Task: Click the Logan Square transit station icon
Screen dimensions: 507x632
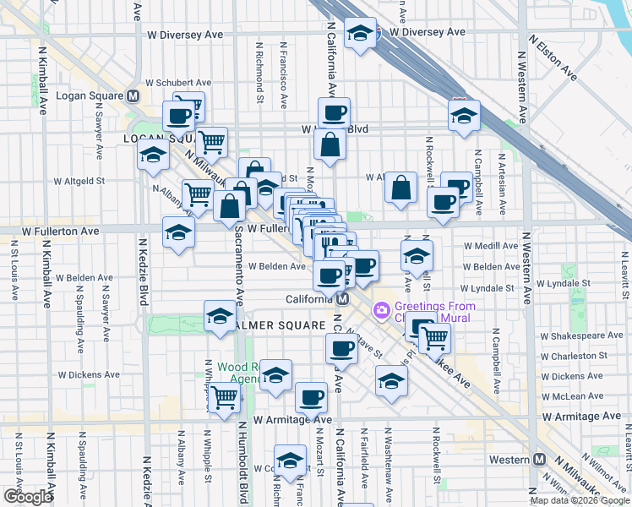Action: pyautogui.click(x=133, y=95)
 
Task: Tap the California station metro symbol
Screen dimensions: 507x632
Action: pyautogui.click(x=343, y=299)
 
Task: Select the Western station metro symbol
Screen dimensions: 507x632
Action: pyautogui.click(x=540, y=459)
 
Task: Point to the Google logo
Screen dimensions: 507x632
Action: pyautogui.click(x=28, y=497)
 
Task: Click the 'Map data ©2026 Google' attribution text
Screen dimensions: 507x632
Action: pyautogui.click(x=580, y=500)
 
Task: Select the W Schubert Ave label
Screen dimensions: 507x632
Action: pyautogui.click(x=177, y=83)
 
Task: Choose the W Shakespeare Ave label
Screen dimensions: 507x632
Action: pyautogui.click(x=580, y=335)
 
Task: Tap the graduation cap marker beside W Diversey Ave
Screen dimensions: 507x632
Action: pyautogui.click(x=362, y=34)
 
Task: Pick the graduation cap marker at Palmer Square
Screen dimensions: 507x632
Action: pyautogui.click(x=220, y=317)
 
